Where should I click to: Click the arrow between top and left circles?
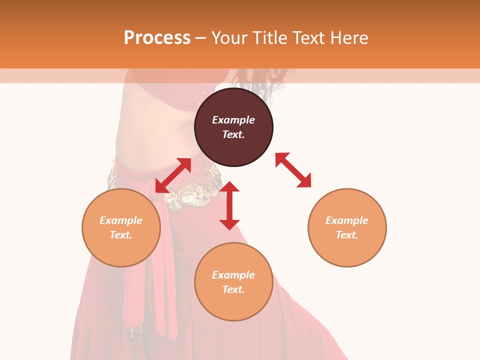(173, 175)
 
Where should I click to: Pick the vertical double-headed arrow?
(229, 205)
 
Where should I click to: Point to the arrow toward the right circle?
(293, 170)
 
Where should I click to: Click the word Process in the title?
(157, 38)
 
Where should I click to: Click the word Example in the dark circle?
(233, 120)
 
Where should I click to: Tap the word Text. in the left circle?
(121, 235)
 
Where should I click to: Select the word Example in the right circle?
(347, 220)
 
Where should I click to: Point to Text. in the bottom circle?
(233, 289)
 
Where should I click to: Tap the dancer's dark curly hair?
(265, 80)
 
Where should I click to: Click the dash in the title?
(201, 38)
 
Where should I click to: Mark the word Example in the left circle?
(121, 220)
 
